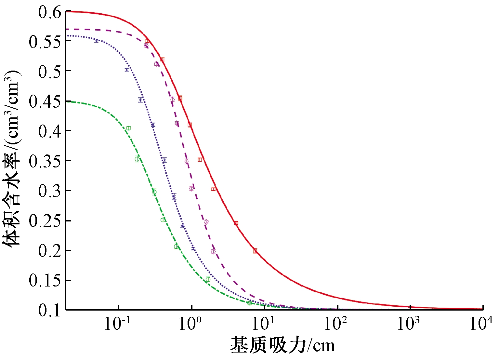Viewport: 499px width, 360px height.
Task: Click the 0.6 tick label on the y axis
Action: point(49,13)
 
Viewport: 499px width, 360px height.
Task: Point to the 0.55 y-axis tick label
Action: point(45,42)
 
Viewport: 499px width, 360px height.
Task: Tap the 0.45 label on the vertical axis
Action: point(45,102)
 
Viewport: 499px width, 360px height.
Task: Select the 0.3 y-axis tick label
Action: point(49,191)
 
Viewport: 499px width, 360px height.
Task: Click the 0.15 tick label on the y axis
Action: point(45,281)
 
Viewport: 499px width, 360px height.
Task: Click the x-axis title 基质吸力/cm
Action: point(282,345)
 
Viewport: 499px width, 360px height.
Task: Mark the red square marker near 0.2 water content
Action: point(255,251)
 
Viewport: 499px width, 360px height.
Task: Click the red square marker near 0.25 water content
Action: point(236,223)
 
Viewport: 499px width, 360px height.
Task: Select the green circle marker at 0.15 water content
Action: point(208,279)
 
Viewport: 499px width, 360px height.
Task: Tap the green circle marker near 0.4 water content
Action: point(128,128)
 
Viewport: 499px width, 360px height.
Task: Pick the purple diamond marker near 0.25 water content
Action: point(206,222)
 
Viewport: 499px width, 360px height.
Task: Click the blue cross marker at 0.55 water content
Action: point(96,41)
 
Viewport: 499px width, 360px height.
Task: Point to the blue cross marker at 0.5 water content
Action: point(127,70)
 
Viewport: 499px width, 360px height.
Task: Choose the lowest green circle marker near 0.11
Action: point(249,303)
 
